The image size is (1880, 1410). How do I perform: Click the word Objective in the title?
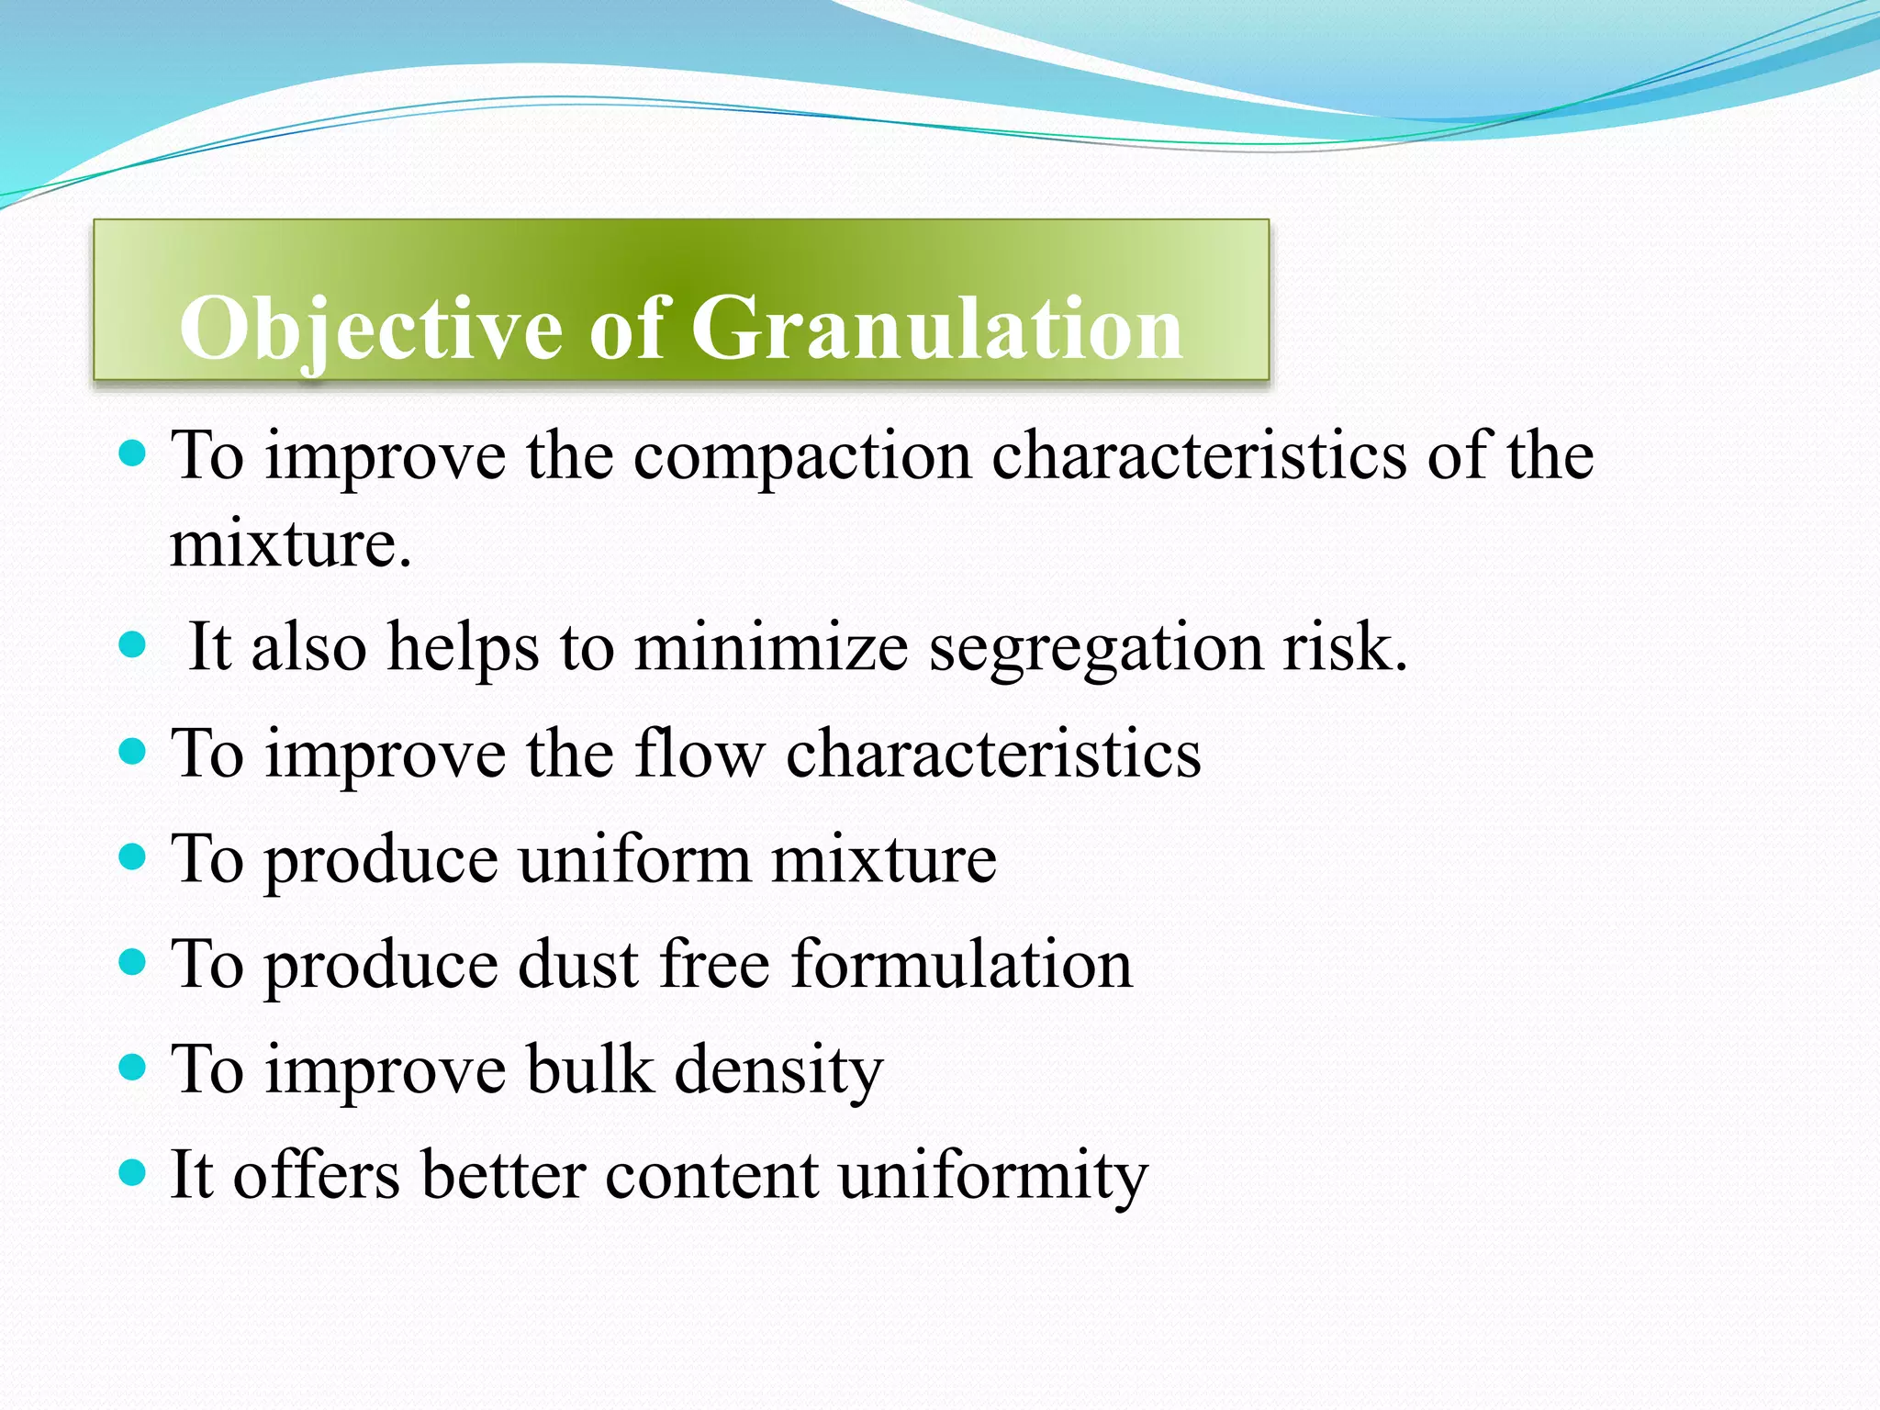[371, 329]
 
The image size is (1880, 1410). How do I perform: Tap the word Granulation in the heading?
[936, 329]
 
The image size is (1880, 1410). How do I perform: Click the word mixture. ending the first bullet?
[291, 543]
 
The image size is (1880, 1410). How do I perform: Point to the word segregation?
[1096, 648]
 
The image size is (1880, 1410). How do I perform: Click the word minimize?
[771, 646]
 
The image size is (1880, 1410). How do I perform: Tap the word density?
[778, 1070]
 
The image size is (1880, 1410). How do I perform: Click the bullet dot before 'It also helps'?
[133, 644]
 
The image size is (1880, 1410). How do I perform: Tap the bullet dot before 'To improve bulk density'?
[133, 1067]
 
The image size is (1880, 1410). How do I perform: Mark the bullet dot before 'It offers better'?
[133, 1172]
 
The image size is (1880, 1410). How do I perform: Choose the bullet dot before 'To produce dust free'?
[133, 962]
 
